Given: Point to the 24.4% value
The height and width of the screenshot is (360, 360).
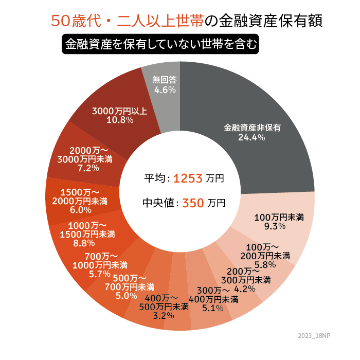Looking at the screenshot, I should (x=251, y=137).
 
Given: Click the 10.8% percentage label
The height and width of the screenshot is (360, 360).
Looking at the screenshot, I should (x=120, y=120).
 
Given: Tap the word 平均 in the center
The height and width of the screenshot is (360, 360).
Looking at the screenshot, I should (x=155, y=178).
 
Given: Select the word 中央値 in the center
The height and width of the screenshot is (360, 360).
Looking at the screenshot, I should (x=157, y=203).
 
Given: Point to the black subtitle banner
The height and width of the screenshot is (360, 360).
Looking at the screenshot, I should (x=159, y=44).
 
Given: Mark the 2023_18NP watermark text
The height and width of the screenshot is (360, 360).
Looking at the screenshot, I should (x=314, y=335).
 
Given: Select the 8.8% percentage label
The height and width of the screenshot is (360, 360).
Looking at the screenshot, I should (x=84, y=243).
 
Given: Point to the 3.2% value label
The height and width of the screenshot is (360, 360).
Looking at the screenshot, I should (x=164, y=315).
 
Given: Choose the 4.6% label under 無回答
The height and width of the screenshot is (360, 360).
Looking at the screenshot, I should (x=165, y=89).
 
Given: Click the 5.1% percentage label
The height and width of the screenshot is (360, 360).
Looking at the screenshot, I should (x=213, y=308).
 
